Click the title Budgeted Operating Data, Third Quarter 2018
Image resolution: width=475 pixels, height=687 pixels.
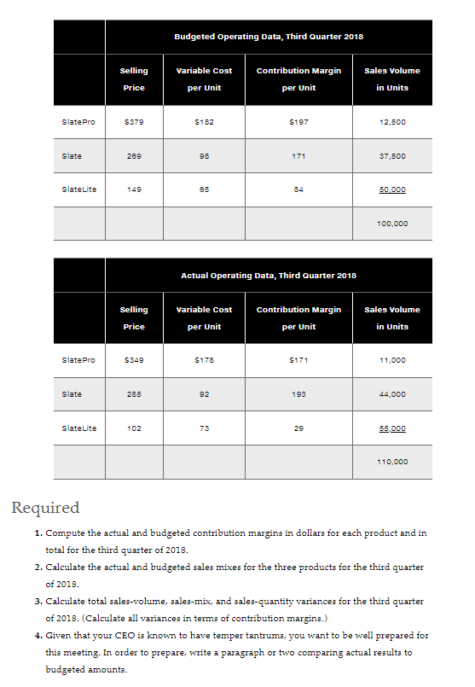pos(269,37)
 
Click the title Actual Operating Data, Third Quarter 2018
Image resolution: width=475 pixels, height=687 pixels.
pos(269,276)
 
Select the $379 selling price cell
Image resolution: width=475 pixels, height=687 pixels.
pos(135,123)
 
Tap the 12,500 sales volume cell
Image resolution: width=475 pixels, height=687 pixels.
pos(392,123)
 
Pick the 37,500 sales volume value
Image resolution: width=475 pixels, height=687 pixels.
pos(392,156)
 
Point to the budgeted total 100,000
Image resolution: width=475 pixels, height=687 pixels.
pos(392,224)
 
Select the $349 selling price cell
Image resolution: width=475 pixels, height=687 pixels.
pos(135,361)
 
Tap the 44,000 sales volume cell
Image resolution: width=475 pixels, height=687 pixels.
pos(392,394)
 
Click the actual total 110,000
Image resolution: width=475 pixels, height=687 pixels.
pos(392,462)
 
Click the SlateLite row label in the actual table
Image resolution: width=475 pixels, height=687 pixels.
pos(78,428)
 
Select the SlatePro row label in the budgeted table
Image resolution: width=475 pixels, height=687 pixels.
pos(78,123)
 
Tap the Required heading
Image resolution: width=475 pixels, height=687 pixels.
pos(45,509)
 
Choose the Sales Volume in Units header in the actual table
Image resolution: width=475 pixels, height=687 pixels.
pos(392,317)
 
